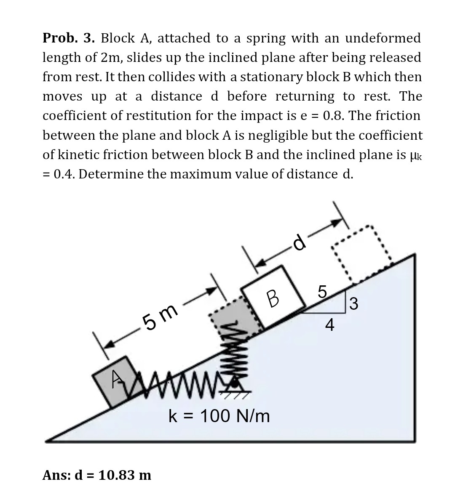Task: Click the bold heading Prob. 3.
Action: coord(69,38)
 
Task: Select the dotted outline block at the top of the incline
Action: coord(361,255)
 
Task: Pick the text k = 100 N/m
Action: coord(219,416)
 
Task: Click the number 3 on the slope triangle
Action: coord(354,303)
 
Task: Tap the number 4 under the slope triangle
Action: coord(330,325)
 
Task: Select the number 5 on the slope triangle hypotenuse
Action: coord(322,291)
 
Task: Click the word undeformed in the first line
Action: coord(383,38)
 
